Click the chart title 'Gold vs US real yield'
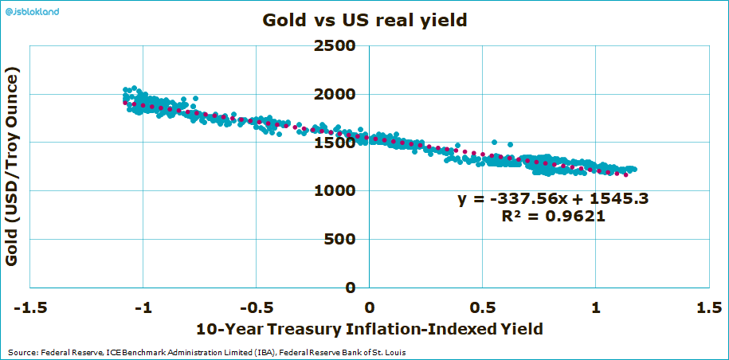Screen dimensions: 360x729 click(x=364, y=22)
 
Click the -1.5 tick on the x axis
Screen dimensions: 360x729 click(x=29, y=307)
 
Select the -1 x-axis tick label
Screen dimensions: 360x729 click(x=143, y=307)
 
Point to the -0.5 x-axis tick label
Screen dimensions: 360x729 click(x=255, y=307)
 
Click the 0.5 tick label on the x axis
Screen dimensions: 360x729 click(x=482, y=307)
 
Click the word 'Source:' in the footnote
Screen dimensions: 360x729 click(x=22, y=352)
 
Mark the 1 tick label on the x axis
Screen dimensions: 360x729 click(x=595, y=307)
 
